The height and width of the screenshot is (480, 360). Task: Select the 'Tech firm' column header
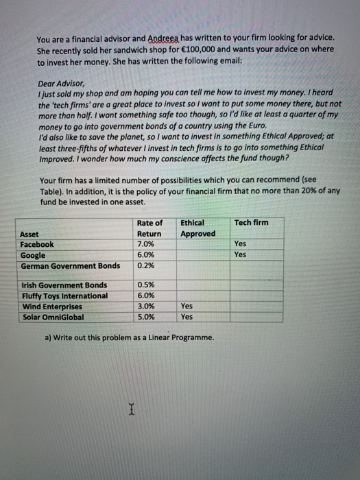(251, 223)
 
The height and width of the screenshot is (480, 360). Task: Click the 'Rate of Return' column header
(149, 228)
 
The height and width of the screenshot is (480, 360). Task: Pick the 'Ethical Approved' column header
(197, 228)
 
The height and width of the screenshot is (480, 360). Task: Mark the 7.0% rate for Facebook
(146, 244)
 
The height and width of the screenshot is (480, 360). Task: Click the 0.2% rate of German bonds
(145, 265)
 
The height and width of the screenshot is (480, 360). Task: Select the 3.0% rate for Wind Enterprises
(146, 306)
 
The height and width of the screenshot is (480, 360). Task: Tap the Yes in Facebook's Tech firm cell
(240, 244)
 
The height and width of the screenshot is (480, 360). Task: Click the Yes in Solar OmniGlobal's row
(186, 317)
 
